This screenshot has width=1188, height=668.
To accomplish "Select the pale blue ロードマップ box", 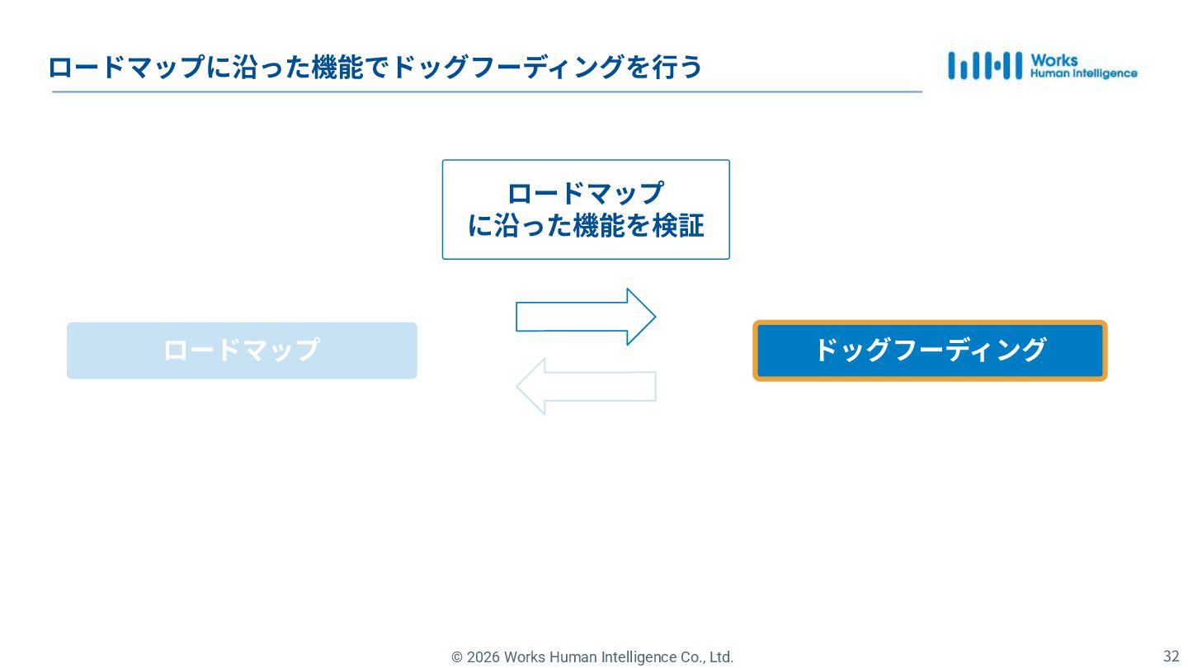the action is tap(242, 350).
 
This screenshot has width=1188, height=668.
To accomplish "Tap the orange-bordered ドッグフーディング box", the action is tap(930, 350).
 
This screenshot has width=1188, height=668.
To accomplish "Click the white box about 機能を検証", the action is tap(586, 209).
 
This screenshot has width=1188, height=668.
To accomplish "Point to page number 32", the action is tap(1171, 656).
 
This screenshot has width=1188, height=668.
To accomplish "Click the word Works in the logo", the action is tap(1054, 60).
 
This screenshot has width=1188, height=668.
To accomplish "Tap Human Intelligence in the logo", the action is tap(1083, 73).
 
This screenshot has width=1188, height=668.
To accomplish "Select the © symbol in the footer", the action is tap(457, 657).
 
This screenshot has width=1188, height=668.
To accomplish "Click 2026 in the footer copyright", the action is tap(483, 657).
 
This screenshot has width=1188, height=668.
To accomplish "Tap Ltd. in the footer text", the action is tap(720, 657).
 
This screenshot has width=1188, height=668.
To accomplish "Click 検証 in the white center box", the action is tap(678, 226).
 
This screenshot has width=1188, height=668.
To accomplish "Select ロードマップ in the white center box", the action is tap(586, 193).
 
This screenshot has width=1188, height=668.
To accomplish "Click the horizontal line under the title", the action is tap(487, 92).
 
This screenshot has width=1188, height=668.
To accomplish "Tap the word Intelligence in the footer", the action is tap(633, 657).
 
